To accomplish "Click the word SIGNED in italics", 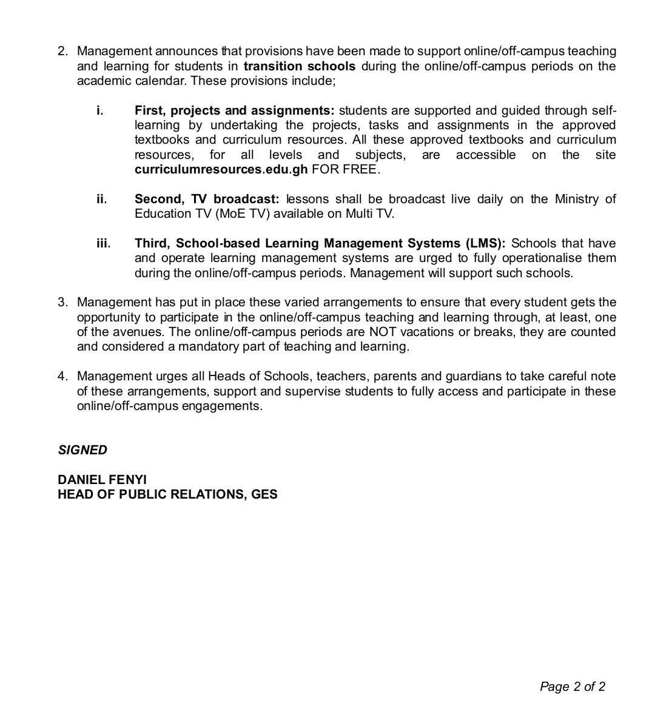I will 82,450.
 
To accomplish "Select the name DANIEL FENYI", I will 102,480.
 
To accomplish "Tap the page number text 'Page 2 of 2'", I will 572,687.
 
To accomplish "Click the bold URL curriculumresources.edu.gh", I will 221,170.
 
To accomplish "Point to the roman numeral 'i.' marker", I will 100,110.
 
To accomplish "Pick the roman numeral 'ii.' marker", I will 101,199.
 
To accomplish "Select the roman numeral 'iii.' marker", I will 103,243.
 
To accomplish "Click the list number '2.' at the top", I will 63,52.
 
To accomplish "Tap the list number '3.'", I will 63,302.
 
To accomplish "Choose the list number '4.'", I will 63,376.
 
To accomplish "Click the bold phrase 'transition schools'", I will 300,66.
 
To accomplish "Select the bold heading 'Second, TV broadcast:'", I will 207,199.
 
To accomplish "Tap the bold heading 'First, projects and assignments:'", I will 234,110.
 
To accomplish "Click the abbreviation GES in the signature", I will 264,494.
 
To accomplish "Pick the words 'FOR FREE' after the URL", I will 345,170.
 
